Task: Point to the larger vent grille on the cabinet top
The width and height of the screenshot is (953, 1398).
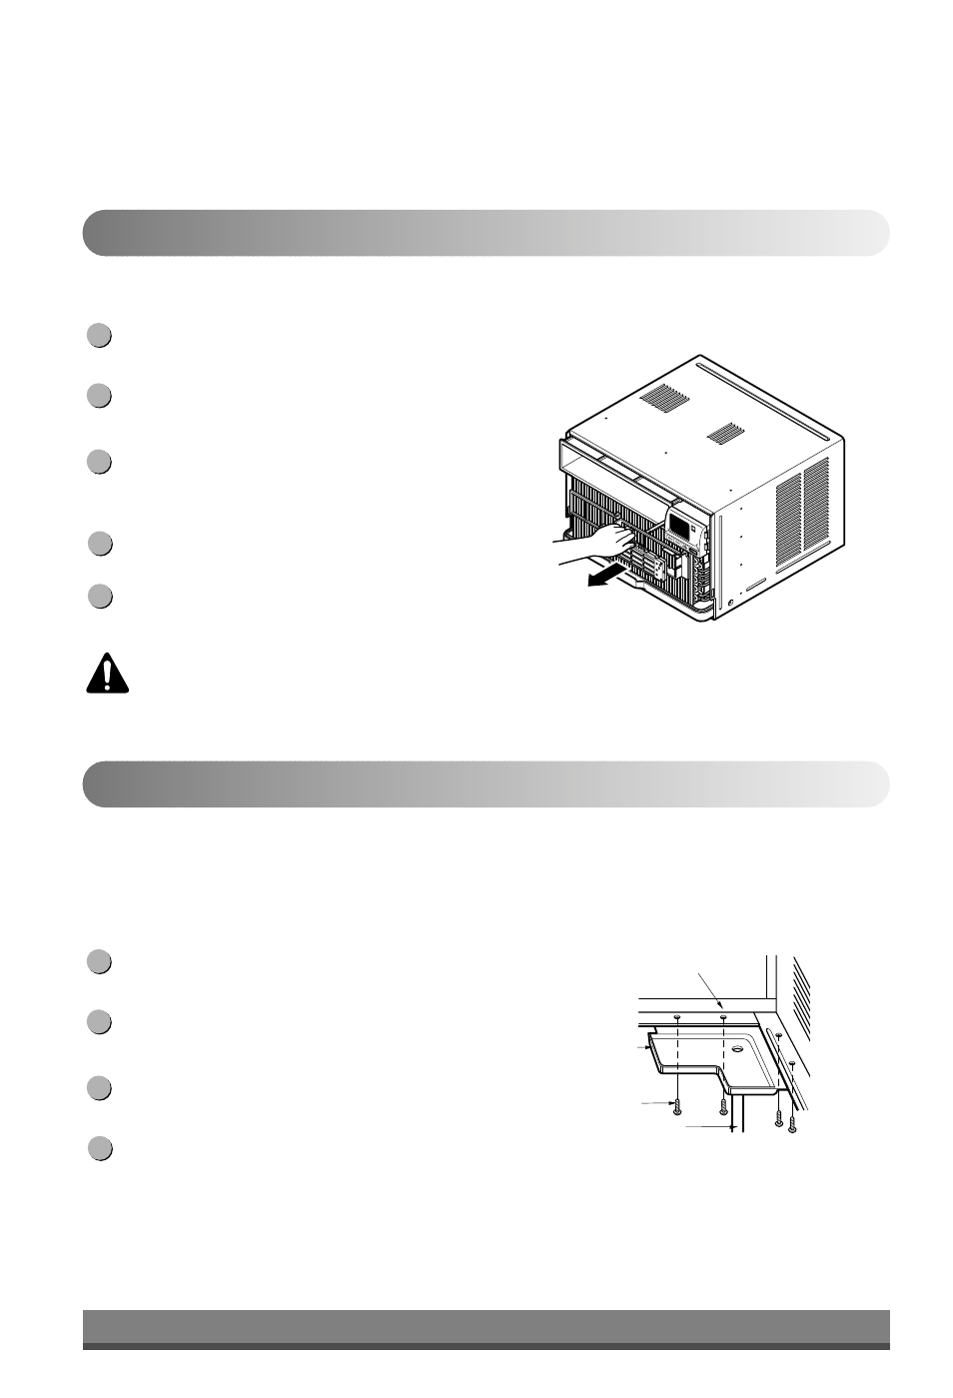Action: (x=664, y=401)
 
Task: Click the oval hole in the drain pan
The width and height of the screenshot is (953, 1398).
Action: (x=737, y=1050)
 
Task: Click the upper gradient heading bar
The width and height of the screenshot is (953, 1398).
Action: (x=485, y=233)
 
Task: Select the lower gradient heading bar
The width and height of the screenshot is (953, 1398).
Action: (x=485, y=783)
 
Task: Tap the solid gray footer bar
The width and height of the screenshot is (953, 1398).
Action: (x=485, y=1329)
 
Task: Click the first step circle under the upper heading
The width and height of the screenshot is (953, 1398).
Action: (x=98, y=336)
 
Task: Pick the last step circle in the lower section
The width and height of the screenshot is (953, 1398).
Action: (x=98, y=1148)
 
